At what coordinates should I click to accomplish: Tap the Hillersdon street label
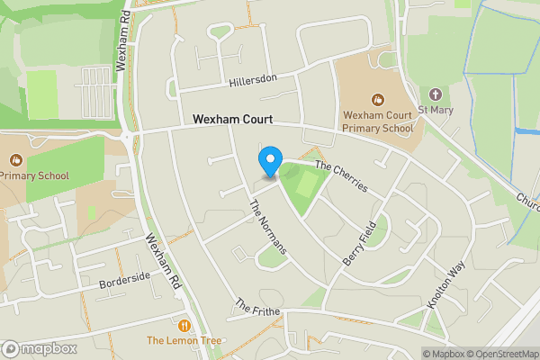[252, 79]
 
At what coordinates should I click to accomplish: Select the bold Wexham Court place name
[232, 119]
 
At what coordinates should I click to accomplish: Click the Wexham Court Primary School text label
[378, 121]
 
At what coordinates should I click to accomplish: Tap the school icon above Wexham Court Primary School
[377, 98]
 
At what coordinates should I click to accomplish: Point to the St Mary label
[436, 111]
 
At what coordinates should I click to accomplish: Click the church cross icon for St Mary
[436, 94]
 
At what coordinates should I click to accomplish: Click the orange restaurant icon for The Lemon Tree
[184, 325]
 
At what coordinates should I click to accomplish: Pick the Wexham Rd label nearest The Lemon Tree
[165, 261]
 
